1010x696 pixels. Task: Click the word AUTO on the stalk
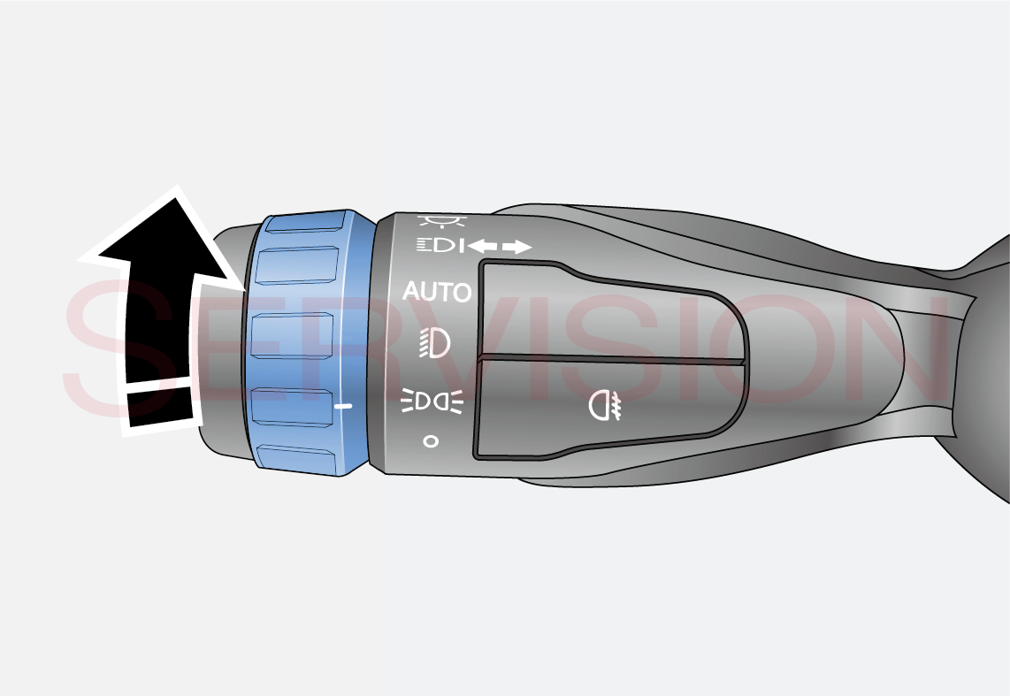tap(437, 292)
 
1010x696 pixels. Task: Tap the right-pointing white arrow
tap(517, 247)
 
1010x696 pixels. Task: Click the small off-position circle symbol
tap(431, 441)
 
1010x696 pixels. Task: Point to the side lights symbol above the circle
tap(432, 402)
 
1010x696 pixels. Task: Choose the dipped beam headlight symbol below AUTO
tap(435, 342)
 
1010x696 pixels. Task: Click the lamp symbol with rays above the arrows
tap(442, 221)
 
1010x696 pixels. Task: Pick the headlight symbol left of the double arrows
tap(440, 245)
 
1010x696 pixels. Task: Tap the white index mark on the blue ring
tap(343, 406)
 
